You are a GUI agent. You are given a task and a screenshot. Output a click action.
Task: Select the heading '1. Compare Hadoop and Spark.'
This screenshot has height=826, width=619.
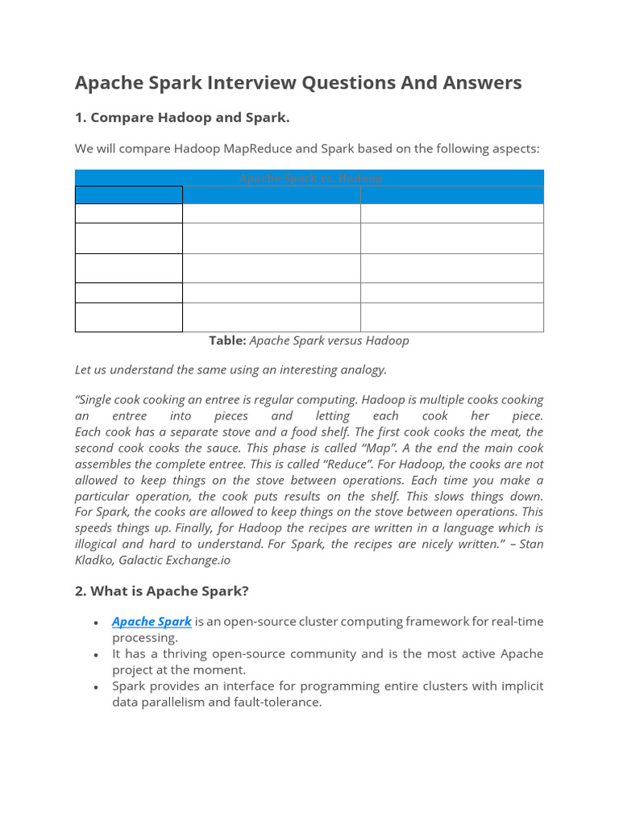182,118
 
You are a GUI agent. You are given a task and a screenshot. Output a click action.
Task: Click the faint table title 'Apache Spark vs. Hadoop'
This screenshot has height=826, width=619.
309,177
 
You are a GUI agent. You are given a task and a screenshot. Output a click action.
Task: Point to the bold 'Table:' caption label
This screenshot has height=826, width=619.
227,340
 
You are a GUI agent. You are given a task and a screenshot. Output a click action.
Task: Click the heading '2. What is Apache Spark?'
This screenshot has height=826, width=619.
162,591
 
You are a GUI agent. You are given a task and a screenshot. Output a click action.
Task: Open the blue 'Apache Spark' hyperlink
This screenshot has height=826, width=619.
152,621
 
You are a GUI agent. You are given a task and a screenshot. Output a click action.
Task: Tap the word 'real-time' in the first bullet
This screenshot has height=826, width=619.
516,621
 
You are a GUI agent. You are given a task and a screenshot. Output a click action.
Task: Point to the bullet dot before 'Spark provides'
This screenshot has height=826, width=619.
96,686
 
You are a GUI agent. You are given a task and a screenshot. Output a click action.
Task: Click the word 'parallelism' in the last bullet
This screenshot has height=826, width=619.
176,702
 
